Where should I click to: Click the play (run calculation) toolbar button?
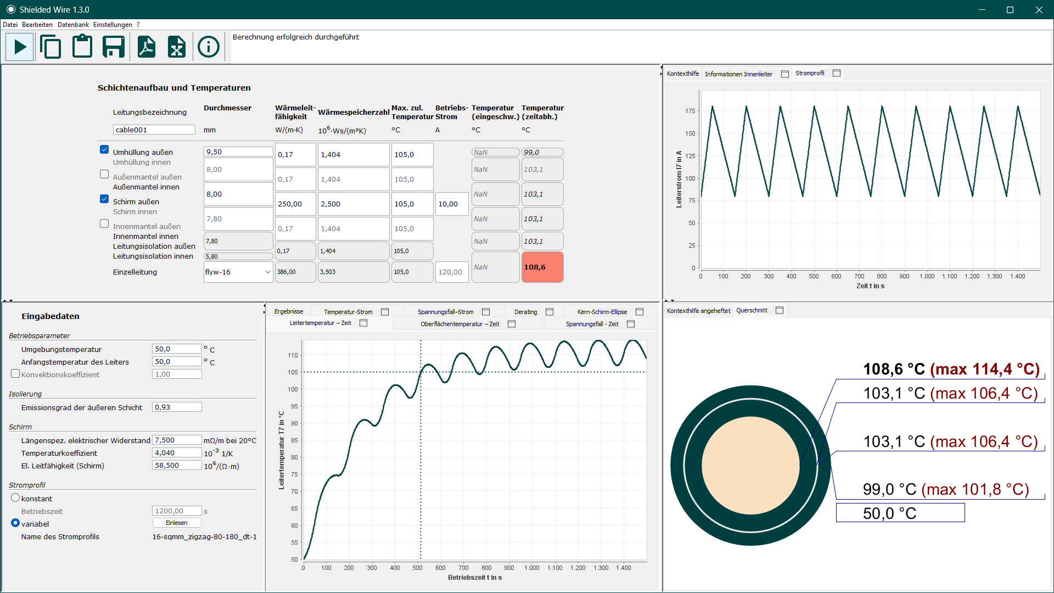click(x=20, y=47)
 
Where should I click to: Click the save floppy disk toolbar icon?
click(x=114, y=47)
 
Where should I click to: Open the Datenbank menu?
click(x=73, y=25)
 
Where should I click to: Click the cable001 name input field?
click(x=154, y=130)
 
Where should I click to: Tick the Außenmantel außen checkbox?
click(x=104, y=174)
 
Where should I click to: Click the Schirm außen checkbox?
click(x=104, y=199)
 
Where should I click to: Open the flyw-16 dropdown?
click(x=238, y=272)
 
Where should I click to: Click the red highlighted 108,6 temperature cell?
click(x=542, y=267)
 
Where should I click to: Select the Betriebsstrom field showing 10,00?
click(x=451, y=204)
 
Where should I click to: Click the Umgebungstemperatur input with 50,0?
click(x=177, y=349)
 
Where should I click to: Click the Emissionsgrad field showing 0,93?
click(x=177, y=407)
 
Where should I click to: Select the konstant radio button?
click(x=15, y=498)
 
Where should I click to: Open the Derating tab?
click(x=525, y=312)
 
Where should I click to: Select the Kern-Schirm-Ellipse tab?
click(x=602, y=312)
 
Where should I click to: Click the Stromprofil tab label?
click(x=810, y=73)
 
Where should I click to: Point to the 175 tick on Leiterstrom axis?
click(x=690, y=111)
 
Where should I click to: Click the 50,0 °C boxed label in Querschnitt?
click(x=900, y=513)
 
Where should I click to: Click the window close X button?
click(x=1039, y=10)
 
